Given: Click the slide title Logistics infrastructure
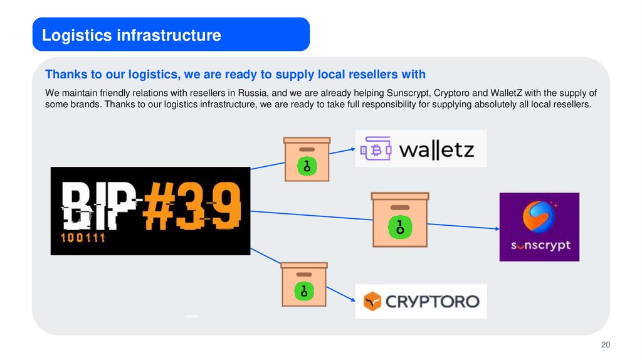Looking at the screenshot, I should point(132,35).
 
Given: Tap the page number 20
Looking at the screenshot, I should point(605,345).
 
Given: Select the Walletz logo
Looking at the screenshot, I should point(421,149).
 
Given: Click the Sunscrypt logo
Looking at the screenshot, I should point(539,227).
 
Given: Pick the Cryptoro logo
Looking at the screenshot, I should point(421,301).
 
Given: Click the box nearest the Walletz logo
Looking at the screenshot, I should point(307,159).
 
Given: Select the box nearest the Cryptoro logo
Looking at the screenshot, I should point(304,284).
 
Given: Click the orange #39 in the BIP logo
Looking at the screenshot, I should point(192,205).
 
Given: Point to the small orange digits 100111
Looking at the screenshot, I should point(83,238).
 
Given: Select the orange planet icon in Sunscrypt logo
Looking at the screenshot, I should point(538,216).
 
